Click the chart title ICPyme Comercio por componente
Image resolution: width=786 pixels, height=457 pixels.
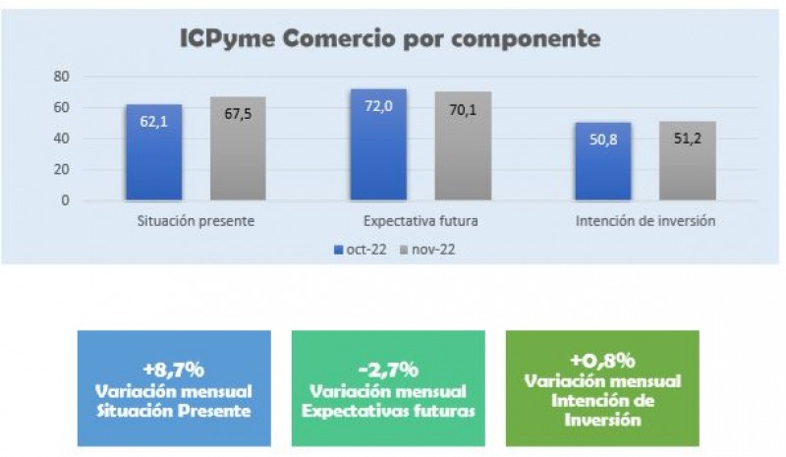389,38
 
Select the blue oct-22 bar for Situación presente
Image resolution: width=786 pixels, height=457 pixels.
153,152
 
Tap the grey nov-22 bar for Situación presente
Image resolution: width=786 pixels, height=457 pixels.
238,148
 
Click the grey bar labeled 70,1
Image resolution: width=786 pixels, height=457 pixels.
463,146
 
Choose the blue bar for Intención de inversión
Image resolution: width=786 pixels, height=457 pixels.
602,161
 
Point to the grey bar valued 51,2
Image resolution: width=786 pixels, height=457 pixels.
687,161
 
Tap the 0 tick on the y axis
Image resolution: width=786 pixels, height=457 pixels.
65,200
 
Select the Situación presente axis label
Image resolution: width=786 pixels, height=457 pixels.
196,221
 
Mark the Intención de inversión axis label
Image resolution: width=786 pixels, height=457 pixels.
645,221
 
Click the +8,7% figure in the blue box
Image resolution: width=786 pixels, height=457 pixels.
173,370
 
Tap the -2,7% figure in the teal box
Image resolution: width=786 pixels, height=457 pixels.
387,370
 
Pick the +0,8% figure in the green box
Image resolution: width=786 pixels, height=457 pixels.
601,360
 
